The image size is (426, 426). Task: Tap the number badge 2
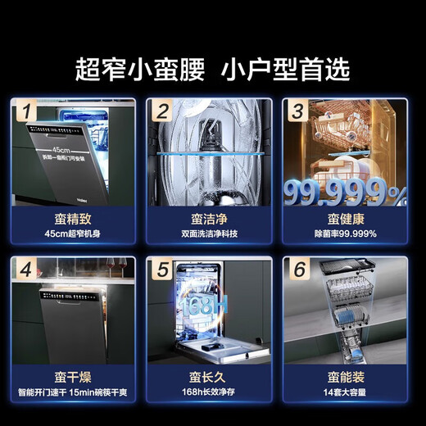click(164, 110)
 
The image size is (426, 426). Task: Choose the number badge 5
click(164, 269)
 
